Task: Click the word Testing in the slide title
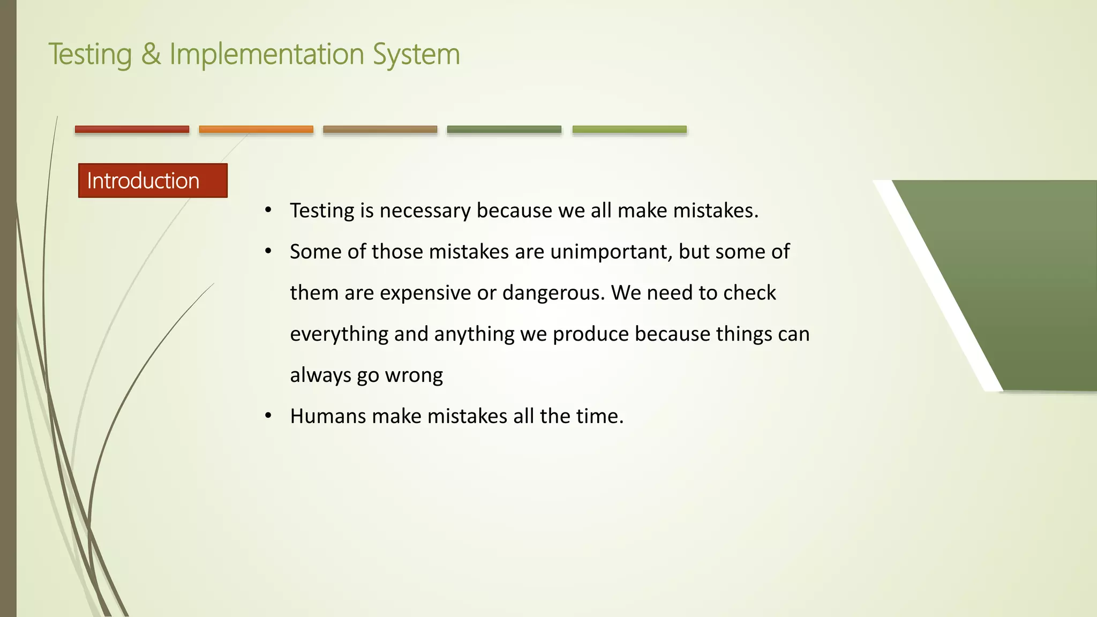(x=90, y=55)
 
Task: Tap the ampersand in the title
(x=151, y=54)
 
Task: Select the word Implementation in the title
(x=267, y=54)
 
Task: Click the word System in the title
(x=416, y=55)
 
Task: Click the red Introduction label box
(x=153, y=180)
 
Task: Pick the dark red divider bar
(x=132, y=129)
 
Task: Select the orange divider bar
(x=256, y=129)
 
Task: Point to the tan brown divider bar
(x=380, y=129)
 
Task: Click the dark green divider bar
(x=504, y=129)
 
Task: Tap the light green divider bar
(x=629, y=129)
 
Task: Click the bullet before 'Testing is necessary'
(x=268, y=210)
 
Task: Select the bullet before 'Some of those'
(x=268, y=251)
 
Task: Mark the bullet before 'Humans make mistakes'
(x=268, y=416)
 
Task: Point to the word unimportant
(x=611, y=252)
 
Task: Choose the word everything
(x=339, y=334)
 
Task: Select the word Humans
(x=328, y=416)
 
